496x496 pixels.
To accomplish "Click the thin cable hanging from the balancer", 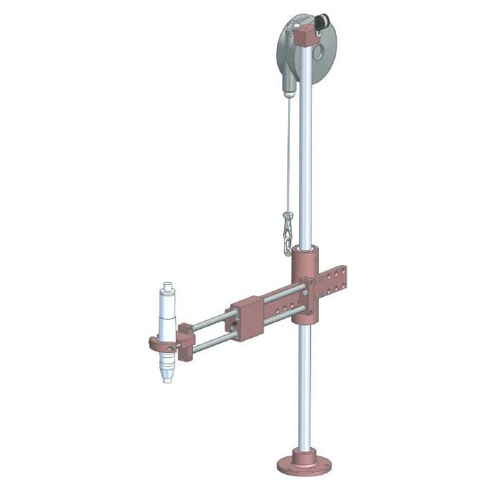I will coord(287,156).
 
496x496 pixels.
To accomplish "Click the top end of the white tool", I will coord(168,286).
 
